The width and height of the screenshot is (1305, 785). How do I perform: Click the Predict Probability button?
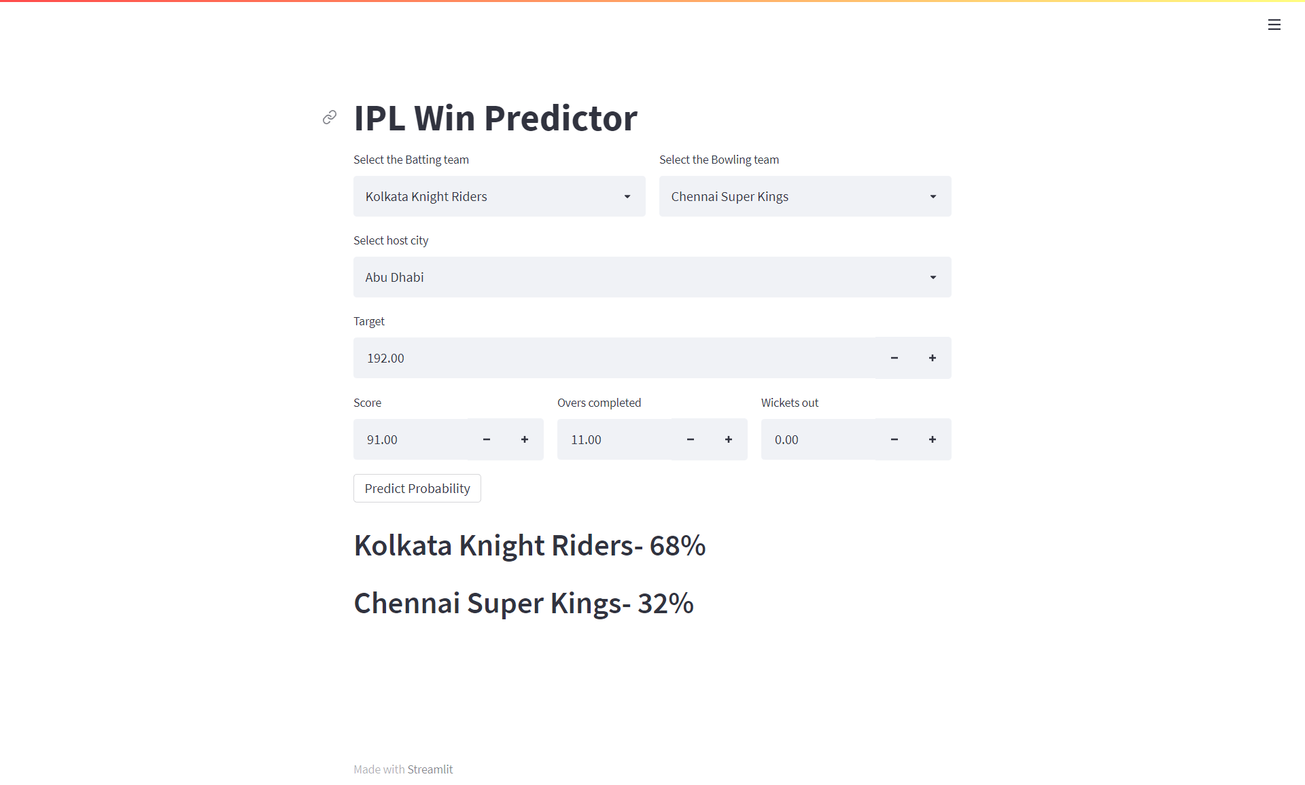pos(417,488)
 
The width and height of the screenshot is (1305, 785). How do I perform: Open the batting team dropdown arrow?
pos(627,196)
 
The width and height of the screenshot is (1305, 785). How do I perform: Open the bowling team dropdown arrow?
pos(933,196)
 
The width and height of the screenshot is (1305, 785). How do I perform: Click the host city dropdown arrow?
pos(933,277)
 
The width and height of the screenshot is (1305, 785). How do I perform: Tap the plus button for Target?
pos(933,358)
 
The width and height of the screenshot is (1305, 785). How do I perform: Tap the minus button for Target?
pos(894,358)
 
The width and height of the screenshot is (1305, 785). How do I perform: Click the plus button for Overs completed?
pos(729,439)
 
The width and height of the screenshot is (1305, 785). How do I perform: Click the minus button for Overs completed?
pos(691,439)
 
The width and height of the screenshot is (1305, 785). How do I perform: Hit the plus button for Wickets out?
pos(933,439)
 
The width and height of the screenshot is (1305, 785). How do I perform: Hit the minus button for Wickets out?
pos(894,439)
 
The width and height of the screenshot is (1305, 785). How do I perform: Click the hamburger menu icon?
pos(1274,25)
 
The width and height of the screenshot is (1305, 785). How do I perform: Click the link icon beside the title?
pos(330,117)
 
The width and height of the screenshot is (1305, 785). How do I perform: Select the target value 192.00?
pos(386,358)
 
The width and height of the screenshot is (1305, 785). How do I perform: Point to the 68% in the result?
pos(678,545)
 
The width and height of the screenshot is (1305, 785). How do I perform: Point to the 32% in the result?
pos(665,603)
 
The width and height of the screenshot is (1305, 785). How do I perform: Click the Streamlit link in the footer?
pos(430,769)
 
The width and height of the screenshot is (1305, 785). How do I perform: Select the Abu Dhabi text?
pos(395,277)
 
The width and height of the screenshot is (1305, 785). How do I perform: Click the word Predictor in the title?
pos(561,118)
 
